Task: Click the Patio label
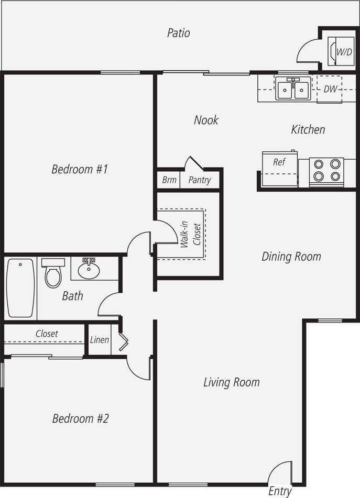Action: click(x=178, y=33)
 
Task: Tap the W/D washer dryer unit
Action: click(x=340, y=51)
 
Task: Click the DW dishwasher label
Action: click(x=330, y=89)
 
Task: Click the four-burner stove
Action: click(x=326, y=170)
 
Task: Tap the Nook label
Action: click(x=206, y=120)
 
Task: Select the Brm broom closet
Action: click(x=169, y=180)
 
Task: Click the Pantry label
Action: click(x=199, y=180)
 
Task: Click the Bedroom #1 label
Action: click(x=80, y=169)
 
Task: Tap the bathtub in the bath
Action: click(x=21, y=288)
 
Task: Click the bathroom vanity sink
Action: click(x=89, y=269)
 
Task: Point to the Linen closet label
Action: click(x=100, y=340)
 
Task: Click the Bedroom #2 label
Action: click(x=80, y=418)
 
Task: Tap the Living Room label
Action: click(x=231, y=382)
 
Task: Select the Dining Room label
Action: click(x=291, y=257)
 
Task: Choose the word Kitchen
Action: click(x=308, y=129)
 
